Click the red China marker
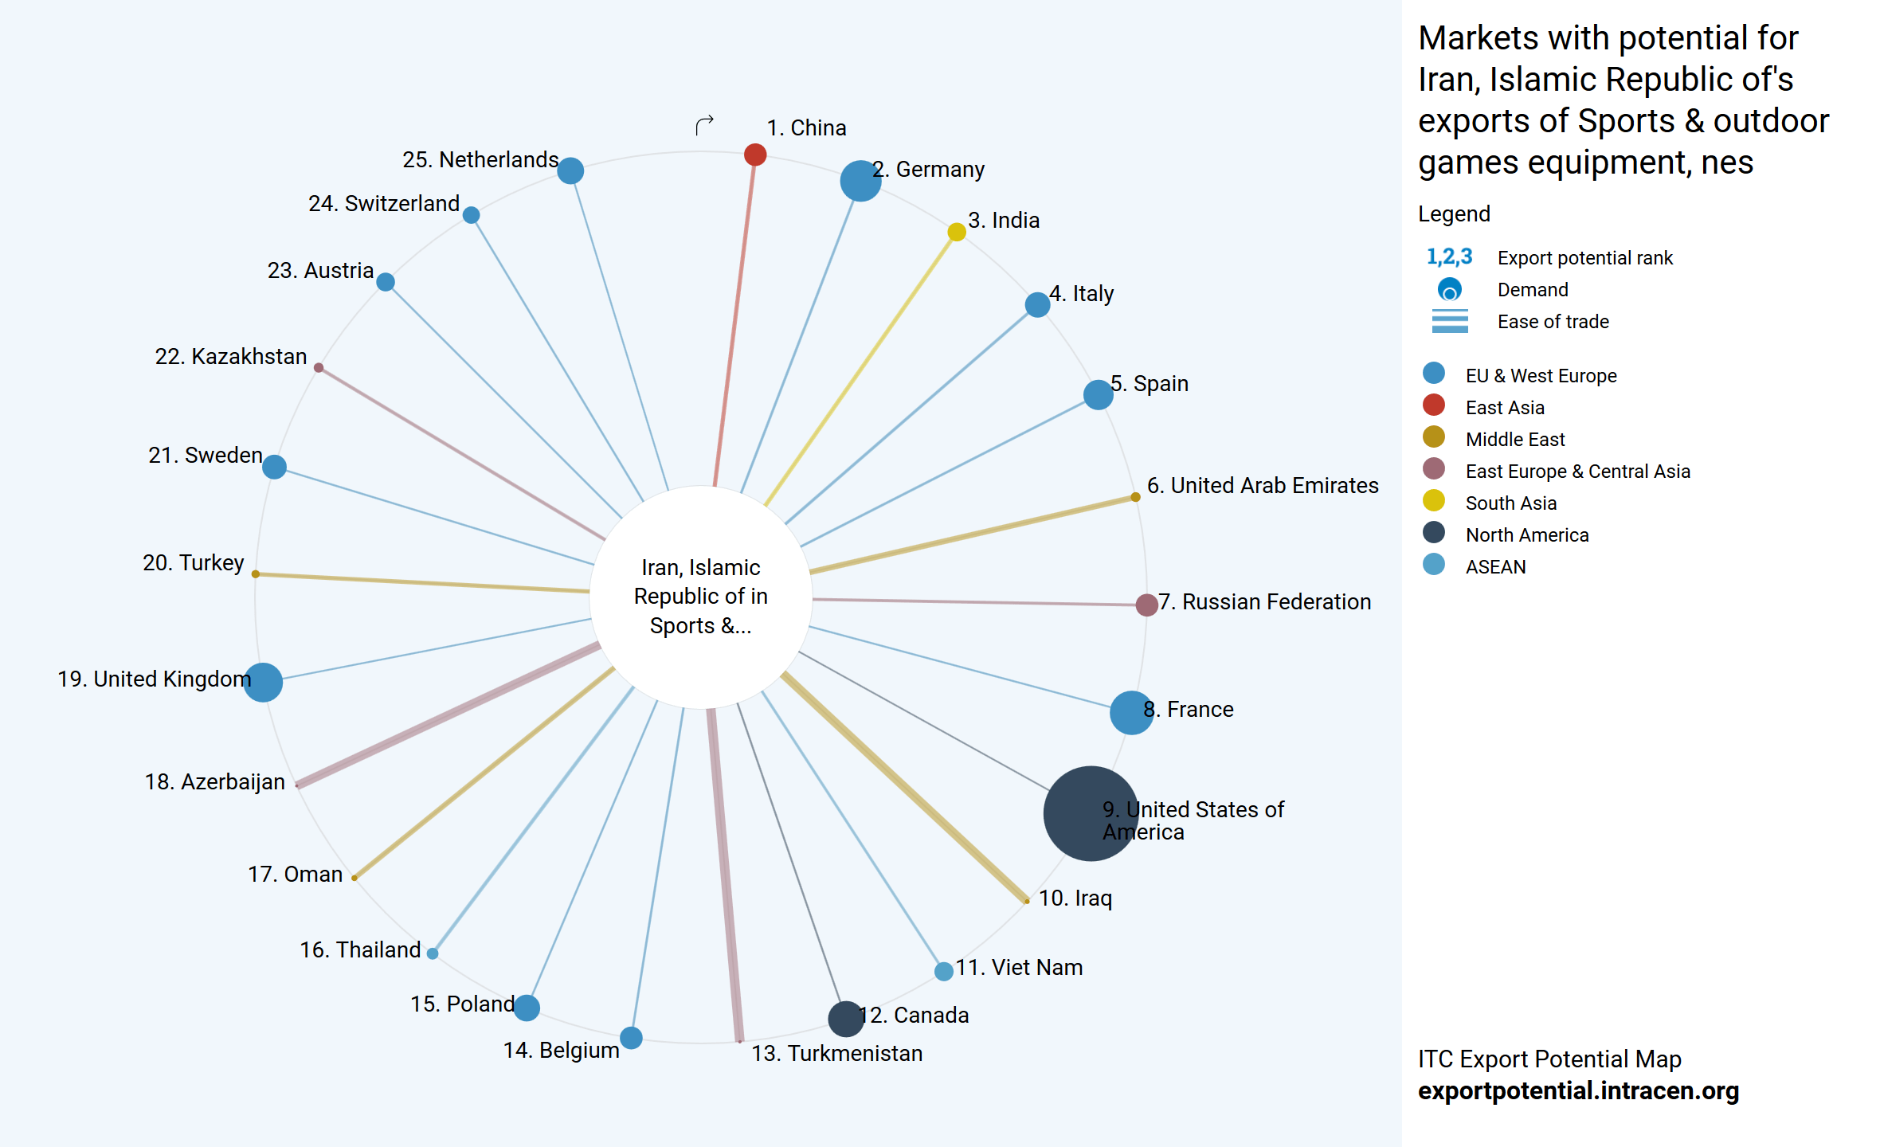(755, 155)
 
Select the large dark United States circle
(1091, 813)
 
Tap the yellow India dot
(957, 232)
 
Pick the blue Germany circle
(860, 181)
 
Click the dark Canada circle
(846, 1019)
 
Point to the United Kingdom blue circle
(263, 682)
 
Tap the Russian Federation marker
(1146, 605)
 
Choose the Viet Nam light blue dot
(944, 971)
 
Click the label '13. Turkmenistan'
(836, 1053)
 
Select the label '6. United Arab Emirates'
(1263, 485)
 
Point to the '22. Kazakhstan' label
(231, 356)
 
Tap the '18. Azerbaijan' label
(215, 781)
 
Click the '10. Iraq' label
(1075, 898)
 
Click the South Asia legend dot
(1434, 501)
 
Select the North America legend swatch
(1434, 533)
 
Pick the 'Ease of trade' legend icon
(1450, 321)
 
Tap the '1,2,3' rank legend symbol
(1449, 256)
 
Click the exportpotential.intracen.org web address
(1578, 1090)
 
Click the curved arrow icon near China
(704, 125)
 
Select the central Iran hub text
(701, 597)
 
